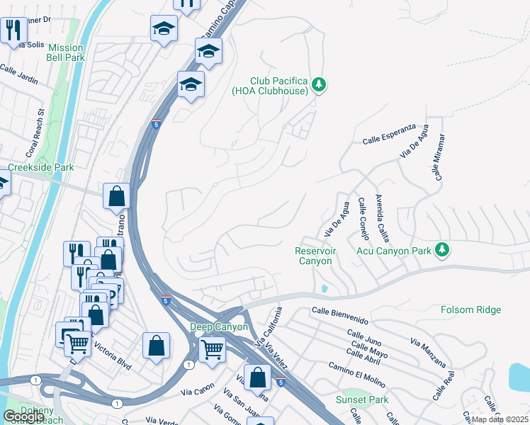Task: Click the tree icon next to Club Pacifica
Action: click(x=319, y=85)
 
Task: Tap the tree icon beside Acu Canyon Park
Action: click(x=442, y=249)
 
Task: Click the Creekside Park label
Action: click(x=40, y=168)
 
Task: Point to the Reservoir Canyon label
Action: click(x=315, y=256)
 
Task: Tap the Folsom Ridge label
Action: click(x=470, y=310)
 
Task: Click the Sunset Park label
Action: click(x=362, y=399)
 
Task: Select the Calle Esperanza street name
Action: click(x=388, y=139)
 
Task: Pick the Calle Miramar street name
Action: click(x=439, y=157)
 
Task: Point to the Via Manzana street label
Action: click(x=428, y=352)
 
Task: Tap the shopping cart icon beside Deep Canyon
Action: click(x=213, y=348)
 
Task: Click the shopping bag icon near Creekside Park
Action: click(x=116, y=195)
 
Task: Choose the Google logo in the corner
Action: click(x=24, y=416)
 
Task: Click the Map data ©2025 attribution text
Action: click(x=500, y=419)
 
